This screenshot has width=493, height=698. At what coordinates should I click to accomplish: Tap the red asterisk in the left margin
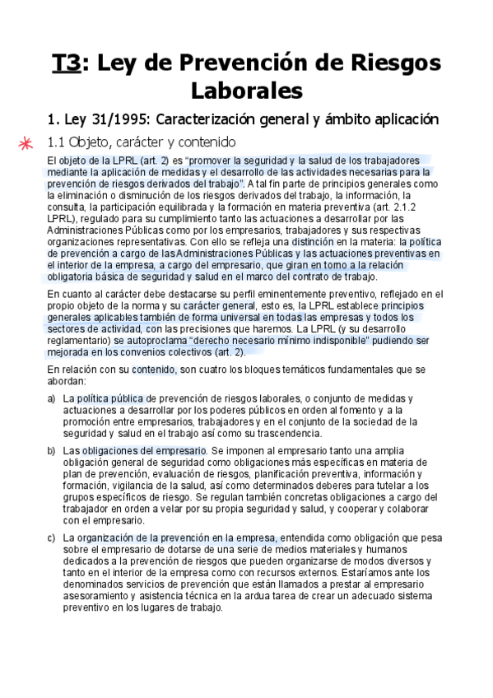(x=27, y=142)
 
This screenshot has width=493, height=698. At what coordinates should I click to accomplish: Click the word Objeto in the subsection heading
(x=94, y=142)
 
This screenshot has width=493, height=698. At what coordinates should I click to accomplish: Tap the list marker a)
(x=52, y=398)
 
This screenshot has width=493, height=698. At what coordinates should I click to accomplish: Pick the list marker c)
(x=52, y=537)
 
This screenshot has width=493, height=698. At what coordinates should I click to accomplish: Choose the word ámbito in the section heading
(x=335, y=119)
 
